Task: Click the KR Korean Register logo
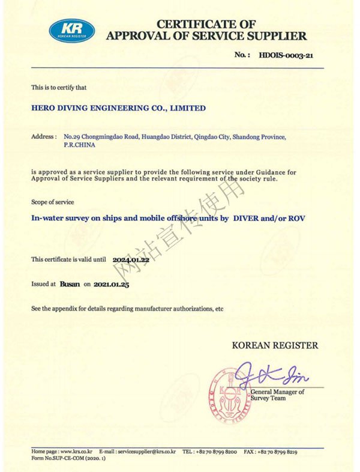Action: pyautogui.click(x=71, y=29)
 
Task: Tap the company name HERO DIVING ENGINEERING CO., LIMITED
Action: pyautogui.click(x=118, y=108)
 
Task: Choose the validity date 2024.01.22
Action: pyautogui.click(x=131, y=259)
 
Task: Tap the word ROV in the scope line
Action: pyautogui.click(x=298, y=219)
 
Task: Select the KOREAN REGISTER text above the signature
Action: pyautogui.click(x=275, y=345)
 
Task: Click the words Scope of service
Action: pyautogui.click(x=53, y=202)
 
